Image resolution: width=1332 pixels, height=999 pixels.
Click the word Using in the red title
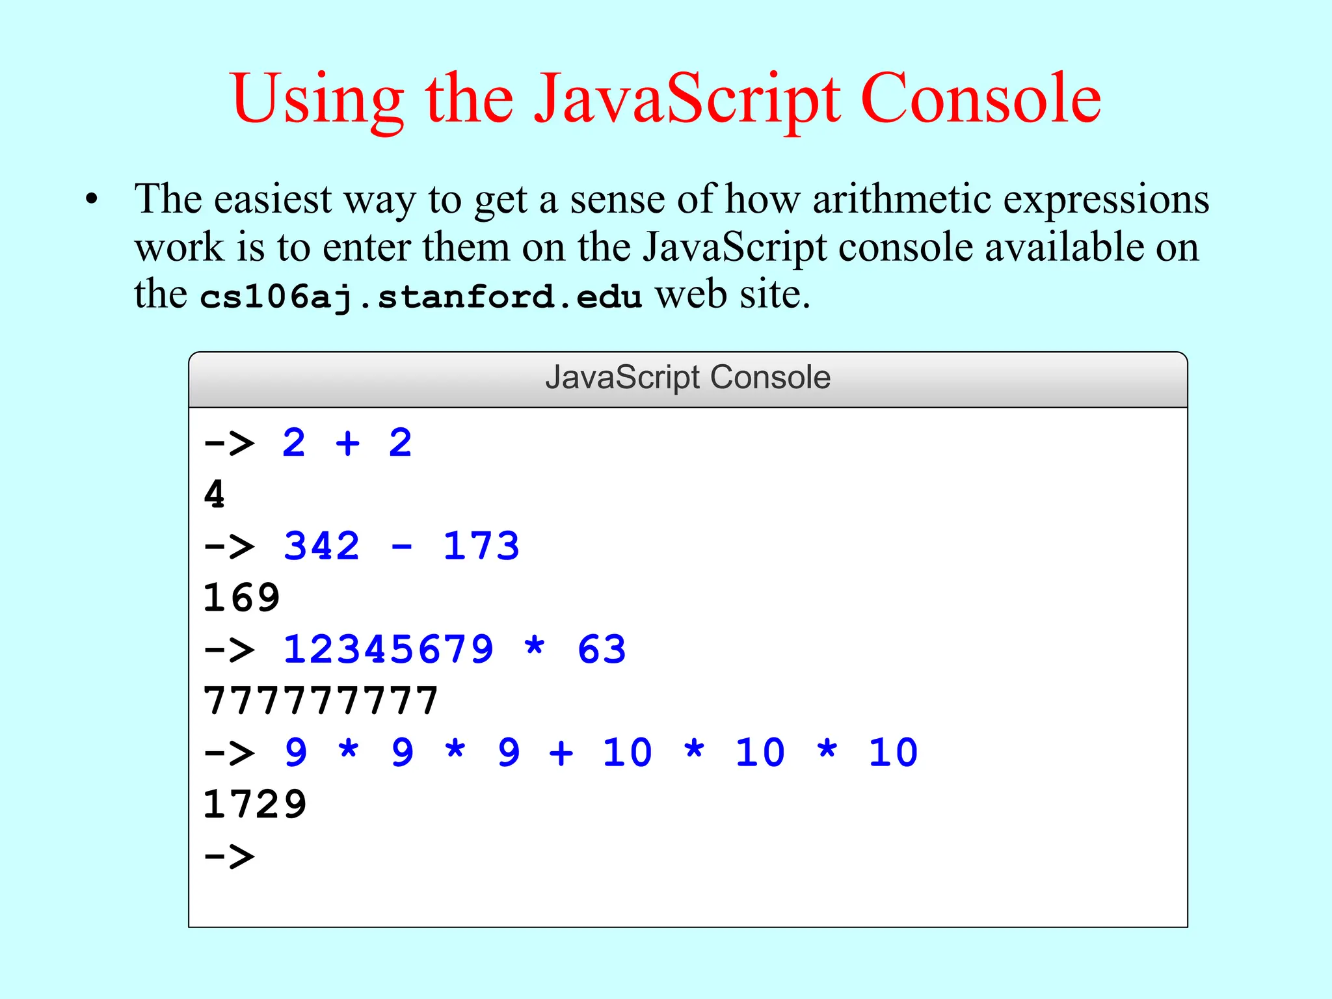point(317,100)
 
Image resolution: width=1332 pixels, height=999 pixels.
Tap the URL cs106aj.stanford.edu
point(421,297)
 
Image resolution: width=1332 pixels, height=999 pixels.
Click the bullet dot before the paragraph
point(92,199)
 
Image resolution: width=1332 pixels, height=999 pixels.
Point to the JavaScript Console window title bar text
point(687,377)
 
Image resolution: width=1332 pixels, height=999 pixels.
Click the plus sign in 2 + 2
point(347,444)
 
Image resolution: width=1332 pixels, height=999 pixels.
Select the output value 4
point(214,494)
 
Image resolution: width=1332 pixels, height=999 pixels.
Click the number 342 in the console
point(321,546)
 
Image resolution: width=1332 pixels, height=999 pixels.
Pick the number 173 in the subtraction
point(481,546)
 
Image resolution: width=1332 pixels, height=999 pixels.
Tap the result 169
point(241,598)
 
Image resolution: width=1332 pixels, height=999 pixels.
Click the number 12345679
point(388,649)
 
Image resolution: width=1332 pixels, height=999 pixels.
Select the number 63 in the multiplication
point(602,649)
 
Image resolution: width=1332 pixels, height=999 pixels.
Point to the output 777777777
point(321,701)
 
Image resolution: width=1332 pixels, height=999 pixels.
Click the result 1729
point(254,805)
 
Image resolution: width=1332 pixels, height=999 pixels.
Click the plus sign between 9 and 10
point(561,753)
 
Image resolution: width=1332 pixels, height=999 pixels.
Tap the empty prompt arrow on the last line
point(229,856)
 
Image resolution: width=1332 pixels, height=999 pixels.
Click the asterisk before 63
point(535,648)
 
